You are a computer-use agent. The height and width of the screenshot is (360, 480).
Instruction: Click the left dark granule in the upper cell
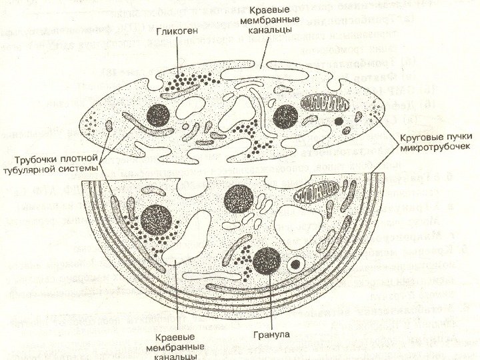pyautogui.click(x=159, y=115)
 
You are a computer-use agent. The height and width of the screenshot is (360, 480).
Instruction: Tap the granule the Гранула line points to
pyautogui.click(x=267, y=260)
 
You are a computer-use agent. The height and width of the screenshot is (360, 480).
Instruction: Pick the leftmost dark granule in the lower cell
pyautogui.click(x=157, y=219)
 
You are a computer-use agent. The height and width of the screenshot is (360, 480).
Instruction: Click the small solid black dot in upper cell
pyautogui.click(x=339, y=122)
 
